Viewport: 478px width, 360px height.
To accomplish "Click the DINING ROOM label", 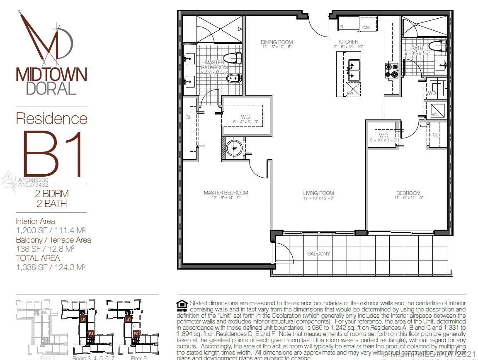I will (x=277, y=42).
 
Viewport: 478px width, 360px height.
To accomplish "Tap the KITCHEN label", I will (x=348, y=42).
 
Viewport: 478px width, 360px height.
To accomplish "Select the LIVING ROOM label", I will (x=318, y=193).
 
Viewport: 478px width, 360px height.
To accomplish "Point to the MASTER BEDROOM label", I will (x=226, y=193).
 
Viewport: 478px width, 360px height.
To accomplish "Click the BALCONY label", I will (x=318, y=253).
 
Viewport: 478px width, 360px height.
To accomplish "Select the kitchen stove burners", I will (x=391, y=71).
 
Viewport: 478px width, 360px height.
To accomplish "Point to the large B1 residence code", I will (x=53, y=154).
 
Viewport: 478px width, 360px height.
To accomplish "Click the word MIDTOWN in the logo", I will (x=51, y=75).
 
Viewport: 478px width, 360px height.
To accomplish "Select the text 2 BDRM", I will (x=51, y=194).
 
